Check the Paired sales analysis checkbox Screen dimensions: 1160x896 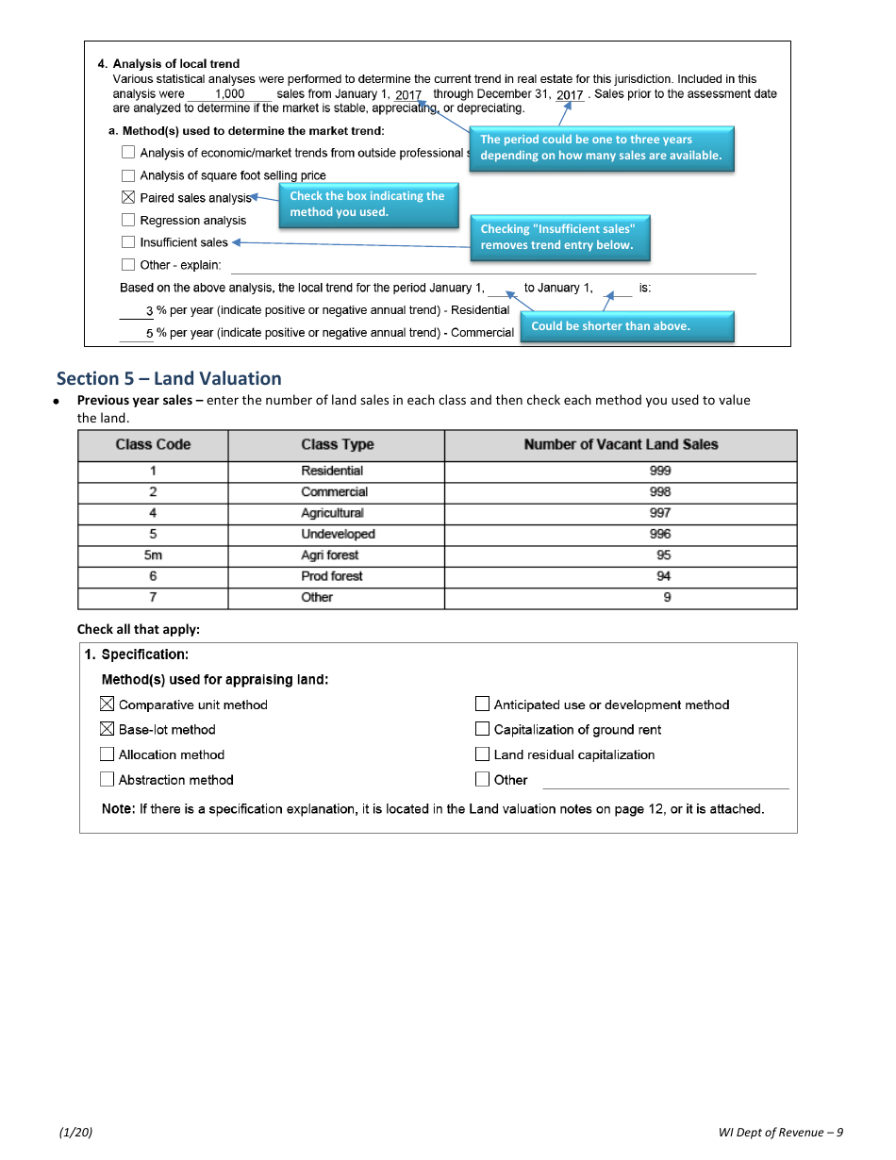128,198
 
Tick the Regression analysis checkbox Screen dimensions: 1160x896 128,221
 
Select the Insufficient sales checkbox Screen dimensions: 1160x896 128,242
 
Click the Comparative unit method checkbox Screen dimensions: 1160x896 107,704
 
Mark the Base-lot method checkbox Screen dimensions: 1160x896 107,730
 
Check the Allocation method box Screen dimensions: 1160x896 107,754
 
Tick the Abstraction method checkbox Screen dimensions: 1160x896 107,780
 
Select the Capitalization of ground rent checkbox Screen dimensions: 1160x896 482,730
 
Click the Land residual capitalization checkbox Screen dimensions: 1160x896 482,754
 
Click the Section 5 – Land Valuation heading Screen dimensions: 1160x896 169,379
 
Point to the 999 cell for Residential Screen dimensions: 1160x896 660,471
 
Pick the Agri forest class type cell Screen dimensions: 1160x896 330,555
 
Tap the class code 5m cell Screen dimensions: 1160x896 153,555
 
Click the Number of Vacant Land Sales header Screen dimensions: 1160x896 621,445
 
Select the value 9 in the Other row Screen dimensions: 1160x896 667,598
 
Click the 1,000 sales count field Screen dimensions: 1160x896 229,94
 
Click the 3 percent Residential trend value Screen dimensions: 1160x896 149,311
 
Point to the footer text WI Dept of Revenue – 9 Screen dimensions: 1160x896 780,1133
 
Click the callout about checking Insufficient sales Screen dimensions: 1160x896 559,238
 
